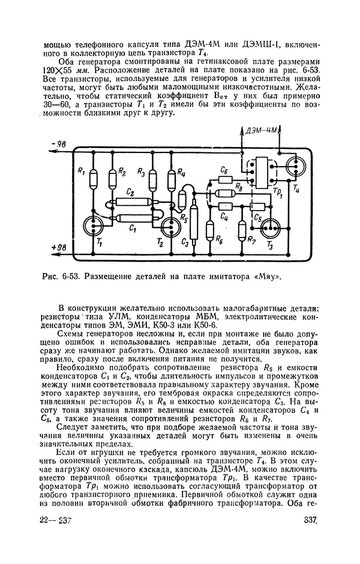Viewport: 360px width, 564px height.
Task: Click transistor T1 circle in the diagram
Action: click(x=96, y=226)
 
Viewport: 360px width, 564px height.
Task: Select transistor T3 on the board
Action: click(x=274, y=228)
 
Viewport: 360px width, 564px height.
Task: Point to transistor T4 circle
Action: click(x=296, y=163)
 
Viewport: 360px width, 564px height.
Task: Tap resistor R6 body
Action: click(x=209, y=230)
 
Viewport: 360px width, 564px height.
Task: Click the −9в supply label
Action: click(x=60, y=145)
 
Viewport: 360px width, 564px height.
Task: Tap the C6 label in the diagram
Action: click(x=224, y=171)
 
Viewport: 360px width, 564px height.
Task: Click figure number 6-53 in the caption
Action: click(x=71, y=277)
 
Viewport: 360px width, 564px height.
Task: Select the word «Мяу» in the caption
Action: click(x=267, y=277)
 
